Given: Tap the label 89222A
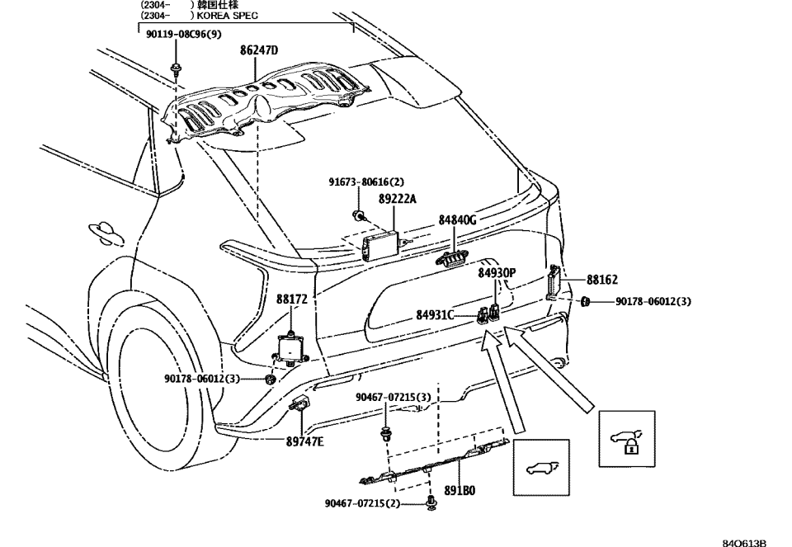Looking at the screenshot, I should click(x=398, y=199).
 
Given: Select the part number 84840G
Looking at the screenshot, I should click(x=458, y=220).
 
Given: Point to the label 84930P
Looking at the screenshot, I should click(x=497, y=272).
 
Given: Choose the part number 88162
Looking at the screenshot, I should click(x=602, y=281).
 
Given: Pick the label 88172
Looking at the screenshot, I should click(x=292, y=301).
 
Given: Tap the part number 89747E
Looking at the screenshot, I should click(x=304, y=441).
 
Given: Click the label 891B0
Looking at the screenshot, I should click(x=460, y=489).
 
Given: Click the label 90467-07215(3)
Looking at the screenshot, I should click(x=394, y=397).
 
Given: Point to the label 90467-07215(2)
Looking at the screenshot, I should click(x=362, y=503).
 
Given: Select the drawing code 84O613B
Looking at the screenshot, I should click(x=744, y=542).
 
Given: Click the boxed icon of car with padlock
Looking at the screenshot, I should click(x=626, y=439).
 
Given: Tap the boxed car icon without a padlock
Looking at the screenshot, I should click(x=541, y=467).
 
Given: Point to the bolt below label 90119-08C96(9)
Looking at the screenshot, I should click(x=176, y=68).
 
